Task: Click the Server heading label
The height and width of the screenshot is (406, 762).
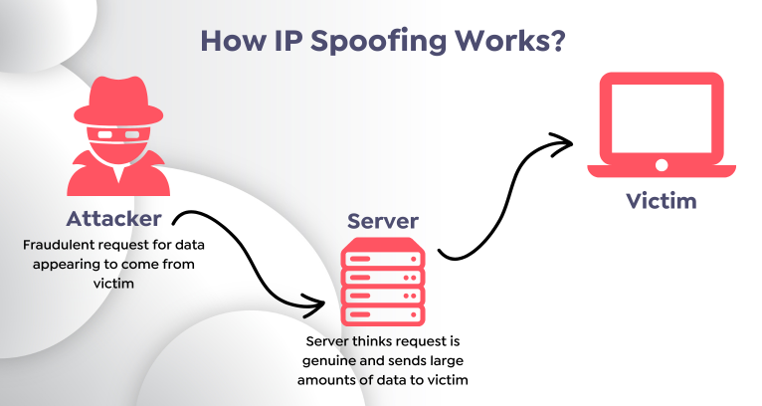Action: coord(383,221)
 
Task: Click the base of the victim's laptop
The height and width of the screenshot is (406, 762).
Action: coord(661,170)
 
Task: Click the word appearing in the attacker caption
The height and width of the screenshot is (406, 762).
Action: coord(76,263)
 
